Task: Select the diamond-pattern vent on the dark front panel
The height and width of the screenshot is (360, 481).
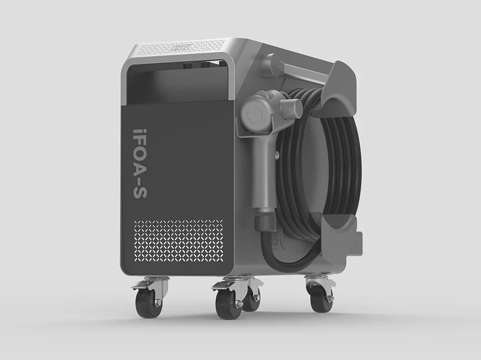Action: click(x=178, y=241)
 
